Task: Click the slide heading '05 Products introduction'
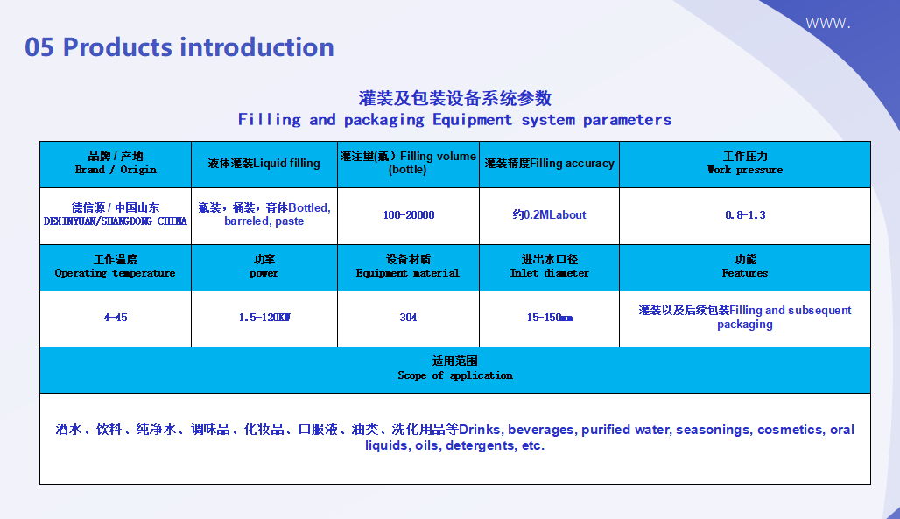[179, 47]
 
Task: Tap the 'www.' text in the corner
[827, 23]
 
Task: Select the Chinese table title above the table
[454, 98]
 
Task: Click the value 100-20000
[409, 215]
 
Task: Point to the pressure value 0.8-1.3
[745, 215]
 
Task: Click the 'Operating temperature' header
[116, 266]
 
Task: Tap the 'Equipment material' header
[408, 266]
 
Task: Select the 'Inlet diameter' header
[549, 266]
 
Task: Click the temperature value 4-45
[116, 318]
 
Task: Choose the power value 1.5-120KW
[264, 318]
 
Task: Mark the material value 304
[408, 318]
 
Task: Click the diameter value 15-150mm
[550, 318]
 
